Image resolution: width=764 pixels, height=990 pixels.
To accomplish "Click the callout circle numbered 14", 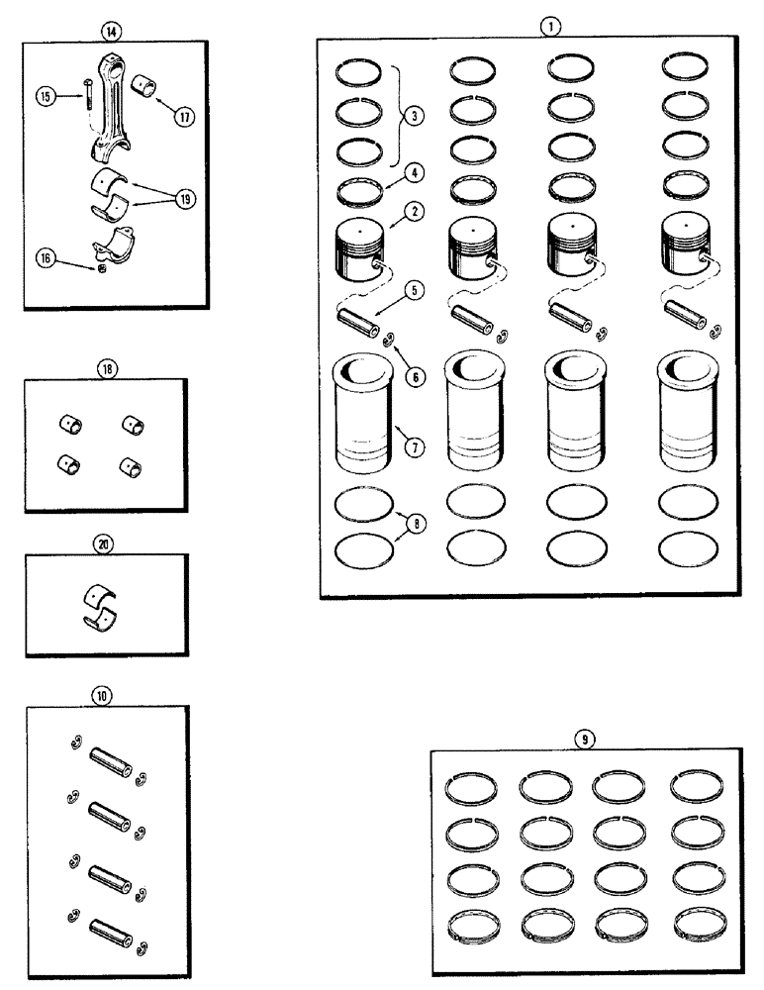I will tap(108, 30).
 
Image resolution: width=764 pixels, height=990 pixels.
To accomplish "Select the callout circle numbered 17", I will tap(185, 115).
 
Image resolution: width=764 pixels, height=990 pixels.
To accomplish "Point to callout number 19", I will tap(184, 199).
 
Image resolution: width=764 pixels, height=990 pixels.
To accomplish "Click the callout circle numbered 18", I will tap(107, 367).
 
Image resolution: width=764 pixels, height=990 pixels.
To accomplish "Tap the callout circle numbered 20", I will tap(106, 544).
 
